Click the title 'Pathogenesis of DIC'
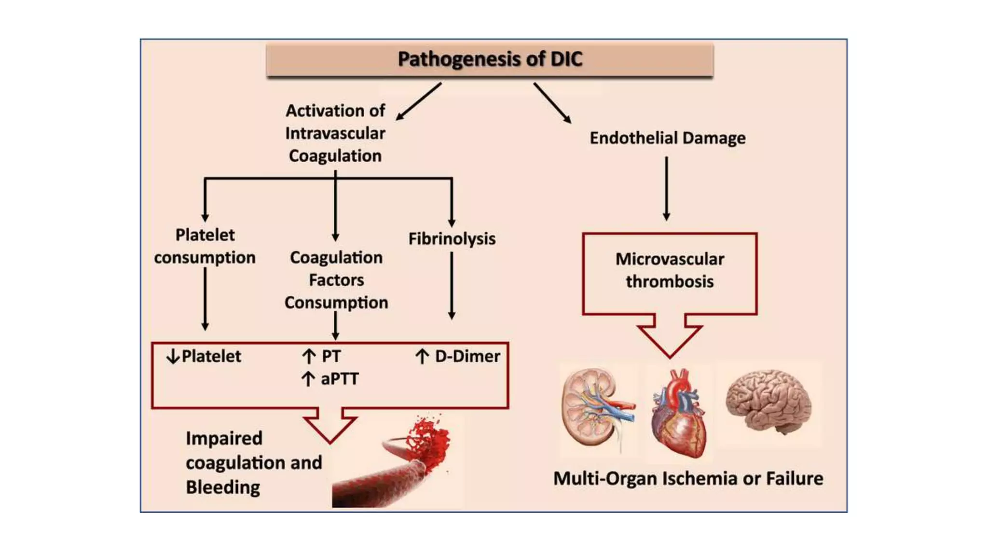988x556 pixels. [x=490, y=59]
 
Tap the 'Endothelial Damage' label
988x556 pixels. [x=667, y=138]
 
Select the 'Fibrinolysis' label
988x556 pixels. [x=452, y=238]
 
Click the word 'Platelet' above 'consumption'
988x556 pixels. [x=205, y=235]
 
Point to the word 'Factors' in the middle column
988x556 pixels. [x=336, y=280]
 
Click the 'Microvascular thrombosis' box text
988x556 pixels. [x=670, y=270]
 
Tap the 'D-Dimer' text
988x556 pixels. [x=467, y=356]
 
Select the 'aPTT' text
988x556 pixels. [x=340, y=379]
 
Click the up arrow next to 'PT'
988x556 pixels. [x=308, y=357]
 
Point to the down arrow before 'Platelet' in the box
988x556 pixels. [x=173, y=357]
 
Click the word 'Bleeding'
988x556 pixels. [x=223, y=487]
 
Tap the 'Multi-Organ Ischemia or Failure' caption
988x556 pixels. [x=688, y=478]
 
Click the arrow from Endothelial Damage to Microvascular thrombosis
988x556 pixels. [x=666, y=188]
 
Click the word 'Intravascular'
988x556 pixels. [x=335, y=133]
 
